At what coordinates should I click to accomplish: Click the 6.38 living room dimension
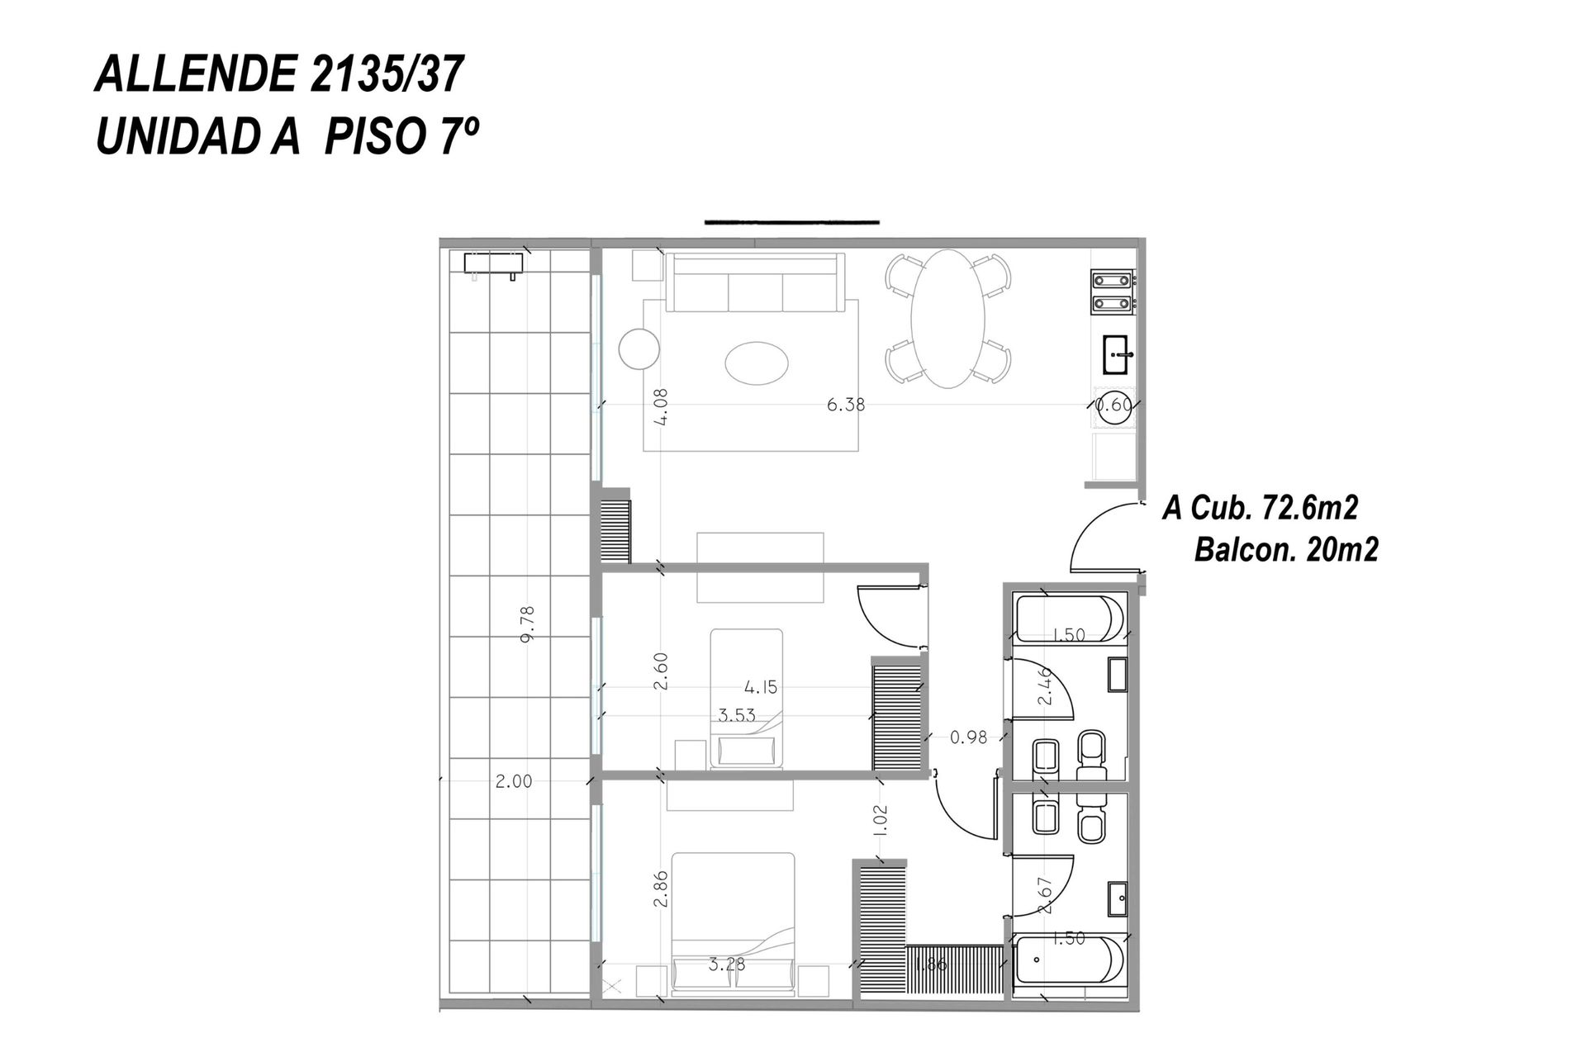[846, 405]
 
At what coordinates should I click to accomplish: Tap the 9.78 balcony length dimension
[529, 623]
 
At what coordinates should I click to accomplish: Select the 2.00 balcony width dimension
[513, 781]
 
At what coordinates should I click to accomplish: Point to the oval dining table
[948, 318]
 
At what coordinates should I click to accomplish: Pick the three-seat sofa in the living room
[755, 282]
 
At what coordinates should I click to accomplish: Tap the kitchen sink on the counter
[1118, 355]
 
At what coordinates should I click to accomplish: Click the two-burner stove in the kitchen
[1114, 292]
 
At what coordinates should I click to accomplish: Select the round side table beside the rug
[639, 349]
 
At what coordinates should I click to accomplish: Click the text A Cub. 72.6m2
[1260, 508]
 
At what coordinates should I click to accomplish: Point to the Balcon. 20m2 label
[1286, 549]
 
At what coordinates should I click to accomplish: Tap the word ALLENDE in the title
[196, 76]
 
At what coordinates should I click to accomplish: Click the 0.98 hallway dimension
[968, 737]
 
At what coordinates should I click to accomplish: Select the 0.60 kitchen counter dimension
[1114, 405]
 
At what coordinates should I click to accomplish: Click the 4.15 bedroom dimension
[760, 687]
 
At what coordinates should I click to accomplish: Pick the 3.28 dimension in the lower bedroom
[727, 964]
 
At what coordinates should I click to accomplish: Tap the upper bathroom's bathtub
[1069, 619]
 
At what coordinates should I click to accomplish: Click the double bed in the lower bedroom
[734, 922]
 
